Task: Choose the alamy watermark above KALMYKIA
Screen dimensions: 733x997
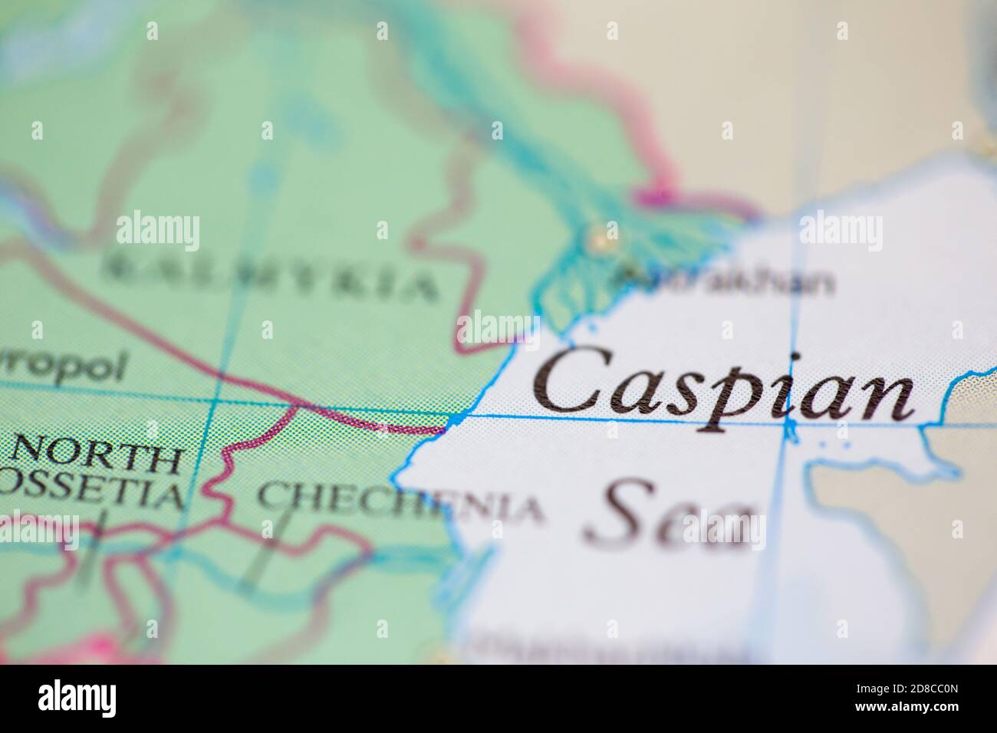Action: click(158, 231)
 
